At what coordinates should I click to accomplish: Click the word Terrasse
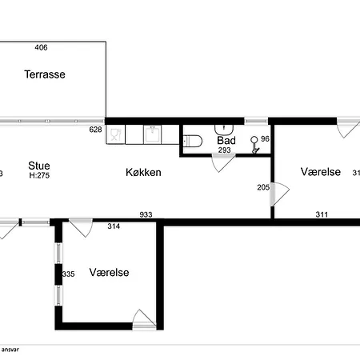click(44, 74)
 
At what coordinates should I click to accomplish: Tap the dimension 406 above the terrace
click(42, 48)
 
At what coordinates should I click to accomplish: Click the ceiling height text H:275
click(39, 175)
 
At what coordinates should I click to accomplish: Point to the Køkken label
click(144, 172)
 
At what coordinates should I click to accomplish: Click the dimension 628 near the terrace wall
click(95, 129)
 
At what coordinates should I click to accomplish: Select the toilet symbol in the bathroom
click(193, 142)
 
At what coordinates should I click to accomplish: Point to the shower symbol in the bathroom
click(255, 144)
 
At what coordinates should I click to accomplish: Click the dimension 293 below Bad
click(225, 150)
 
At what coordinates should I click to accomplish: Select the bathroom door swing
click(218, 164)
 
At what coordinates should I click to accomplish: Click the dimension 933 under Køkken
click(146, 214)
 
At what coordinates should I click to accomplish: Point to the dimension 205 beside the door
click(262, 187)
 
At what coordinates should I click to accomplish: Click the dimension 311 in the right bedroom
click(322, 214)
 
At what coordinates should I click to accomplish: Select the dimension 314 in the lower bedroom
click(114, 226)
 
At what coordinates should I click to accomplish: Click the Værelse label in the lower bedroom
click(110, 272)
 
